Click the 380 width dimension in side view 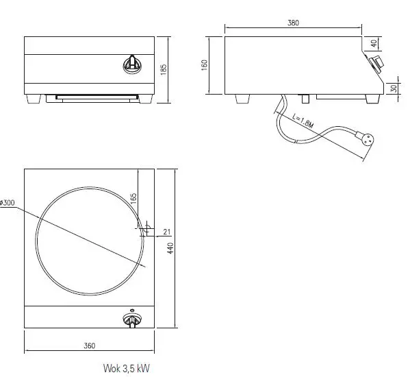(x=293, y=23)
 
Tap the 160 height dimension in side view (x=205, y=64)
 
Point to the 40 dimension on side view (x=393, y=42)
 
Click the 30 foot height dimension (x=393, y=88)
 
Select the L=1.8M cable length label (x=301, y=121)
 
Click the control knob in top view (x=131, y=319)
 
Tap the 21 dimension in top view (x=168, y=231)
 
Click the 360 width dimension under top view (x=89, y=345)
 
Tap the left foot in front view (x=33, y=99)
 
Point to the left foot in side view (x=243, y=99)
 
